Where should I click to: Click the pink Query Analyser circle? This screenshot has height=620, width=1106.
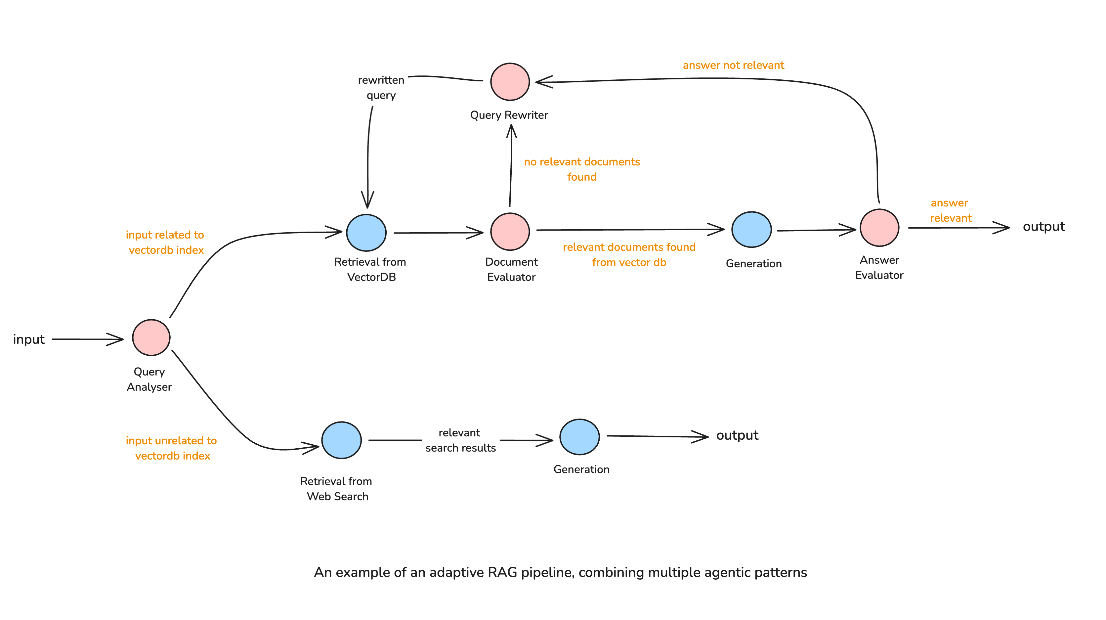(x=151, y=337)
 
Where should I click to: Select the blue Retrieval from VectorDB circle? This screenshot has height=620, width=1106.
(x=366, y=233)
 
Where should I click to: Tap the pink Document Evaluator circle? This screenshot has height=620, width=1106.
(x=510, y=232)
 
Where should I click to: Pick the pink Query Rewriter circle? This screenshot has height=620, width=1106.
(x=510, y=82)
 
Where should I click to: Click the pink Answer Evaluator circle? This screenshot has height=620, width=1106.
(x=879, y=228)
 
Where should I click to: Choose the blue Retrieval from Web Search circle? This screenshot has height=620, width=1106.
(x=341, y=440)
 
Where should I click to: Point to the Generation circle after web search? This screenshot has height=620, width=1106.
(x=579, y=437)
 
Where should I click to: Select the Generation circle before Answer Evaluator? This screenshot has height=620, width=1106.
(x=751, y=230)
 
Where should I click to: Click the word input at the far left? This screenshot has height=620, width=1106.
(x=29, y=339)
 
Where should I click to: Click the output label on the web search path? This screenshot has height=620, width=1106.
(x=737, y=435)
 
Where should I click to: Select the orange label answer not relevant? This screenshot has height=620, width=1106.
(x=733, y=65)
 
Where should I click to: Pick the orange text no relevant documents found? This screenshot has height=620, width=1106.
(x=582, y=169)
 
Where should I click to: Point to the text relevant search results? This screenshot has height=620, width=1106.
(x=460, y=440)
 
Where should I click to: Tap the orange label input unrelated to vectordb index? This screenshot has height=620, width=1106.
(x=171, y=448)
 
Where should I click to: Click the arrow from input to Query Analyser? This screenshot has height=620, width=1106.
(x=88, y=339)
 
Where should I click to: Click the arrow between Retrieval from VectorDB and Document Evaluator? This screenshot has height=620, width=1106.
(x=438, y=233)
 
